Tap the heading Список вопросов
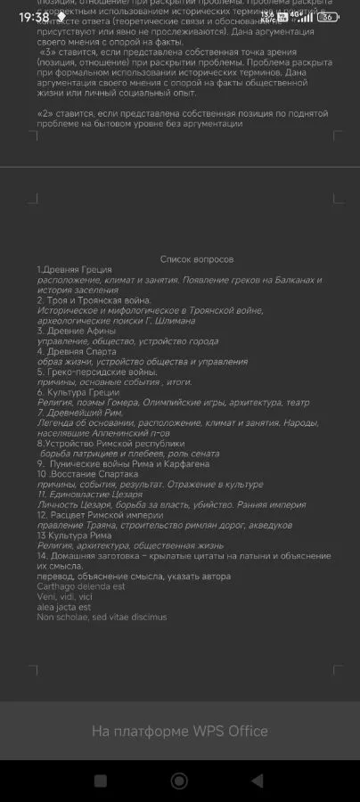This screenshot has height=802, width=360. click(197, 258)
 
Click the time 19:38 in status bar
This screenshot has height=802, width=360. click(34, 17)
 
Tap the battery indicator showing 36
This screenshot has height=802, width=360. click(327, 17)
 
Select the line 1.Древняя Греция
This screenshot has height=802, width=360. click(74, 269)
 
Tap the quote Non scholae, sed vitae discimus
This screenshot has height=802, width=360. click(102, 617)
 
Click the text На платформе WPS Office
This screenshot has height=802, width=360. click(179, 732)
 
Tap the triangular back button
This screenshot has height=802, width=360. click(257, 781)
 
